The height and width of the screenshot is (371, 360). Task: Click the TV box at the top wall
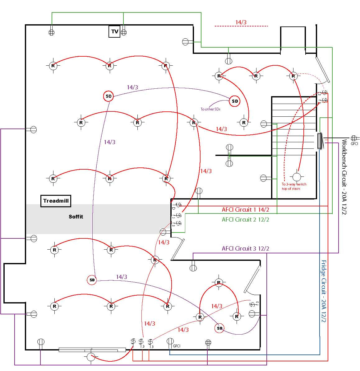click(114, 31)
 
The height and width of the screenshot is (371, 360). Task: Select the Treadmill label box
click(56, 201)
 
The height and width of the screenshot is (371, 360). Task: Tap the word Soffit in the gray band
click(76, 217)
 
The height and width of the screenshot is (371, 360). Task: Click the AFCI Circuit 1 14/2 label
click(245, 209)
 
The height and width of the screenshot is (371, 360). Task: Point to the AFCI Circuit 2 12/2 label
click(245, 219)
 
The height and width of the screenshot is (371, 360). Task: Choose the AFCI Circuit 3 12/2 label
click(245, 248)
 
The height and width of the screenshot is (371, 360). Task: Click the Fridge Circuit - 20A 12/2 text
click(324, 291)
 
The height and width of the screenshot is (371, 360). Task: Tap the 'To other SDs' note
click(210, 109)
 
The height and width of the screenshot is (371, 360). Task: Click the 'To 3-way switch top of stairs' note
click(294, 186)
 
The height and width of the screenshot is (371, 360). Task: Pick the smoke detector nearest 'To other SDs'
click(235, 101)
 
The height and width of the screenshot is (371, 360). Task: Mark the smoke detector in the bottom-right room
click(219, 328)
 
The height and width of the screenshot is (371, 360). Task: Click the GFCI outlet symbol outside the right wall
click(354, 138)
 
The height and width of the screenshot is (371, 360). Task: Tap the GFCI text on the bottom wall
click(177, 346)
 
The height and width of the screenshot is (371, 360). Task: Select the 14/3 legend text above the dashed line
click(241, 22)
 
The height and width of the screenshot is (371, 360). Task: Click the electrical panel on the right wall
click(320, 141)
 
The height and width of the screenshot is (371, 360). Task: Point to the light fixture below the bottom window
click(90, 357)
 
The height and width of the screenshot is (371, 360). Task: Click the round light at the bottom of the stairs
click(297, 177)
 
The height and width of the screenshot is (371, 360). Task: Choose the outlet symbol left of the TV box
click(52, 32)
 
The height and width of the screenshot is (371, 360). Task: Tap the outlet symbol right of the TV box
click(124, 32)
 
